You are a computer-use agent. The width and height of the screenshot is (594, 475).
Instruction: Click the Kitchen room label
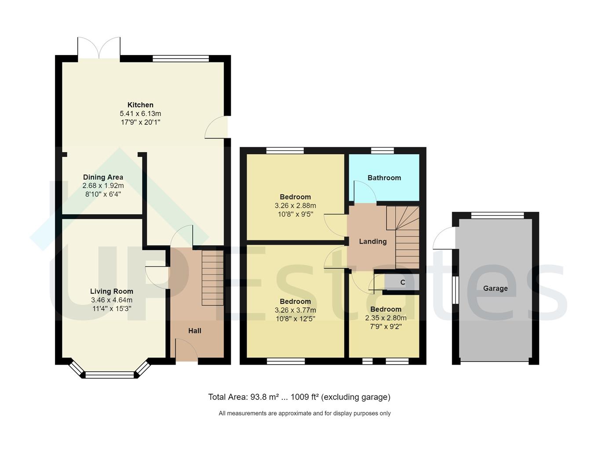point(140,105)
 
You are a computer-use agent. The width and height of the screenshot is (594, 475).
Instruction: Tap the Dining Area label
point(103,177)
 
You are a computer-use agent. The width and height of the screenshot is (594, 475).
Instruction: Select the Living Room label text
point(111,291)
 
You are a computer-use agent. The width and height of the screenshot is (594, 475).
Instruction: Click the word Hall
point(195,331)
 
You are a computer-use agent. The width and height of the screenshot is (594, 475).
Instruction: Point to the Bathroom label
point(384,178)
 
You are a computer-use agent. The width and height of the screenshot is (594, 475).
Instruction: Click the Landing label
point(372,241)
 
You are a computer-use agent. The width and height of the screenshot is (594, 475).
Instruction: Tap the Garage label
point(495,289)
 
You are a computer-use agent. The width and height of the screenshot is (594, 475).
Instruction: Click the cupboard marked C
point(402,282)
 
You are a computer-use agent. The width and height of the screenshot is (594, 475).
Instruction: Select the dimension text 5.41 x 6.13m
point(140,113)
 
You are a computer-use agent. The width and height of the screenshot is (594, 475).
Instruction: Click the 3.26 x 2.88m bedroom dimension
point(295,205)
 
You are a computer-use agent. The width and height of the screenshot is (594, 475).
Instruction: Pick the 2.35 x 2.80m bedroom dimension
point(386,318)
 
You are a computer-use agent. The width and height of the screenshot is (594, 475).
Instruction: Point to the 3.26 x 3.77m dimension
point(295,310)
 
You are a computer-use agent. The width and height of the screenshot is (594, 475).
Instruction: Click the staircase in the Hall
point(212,278)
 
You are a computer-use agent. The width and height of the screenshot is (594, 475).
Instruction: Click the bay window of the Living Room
point(109,374)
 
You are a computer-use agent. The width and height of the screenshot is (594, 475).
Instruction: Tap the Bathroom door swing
point(364,193)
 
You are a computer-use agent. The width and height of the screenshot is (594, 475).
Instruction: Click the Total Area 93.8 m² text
point(299,397)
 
